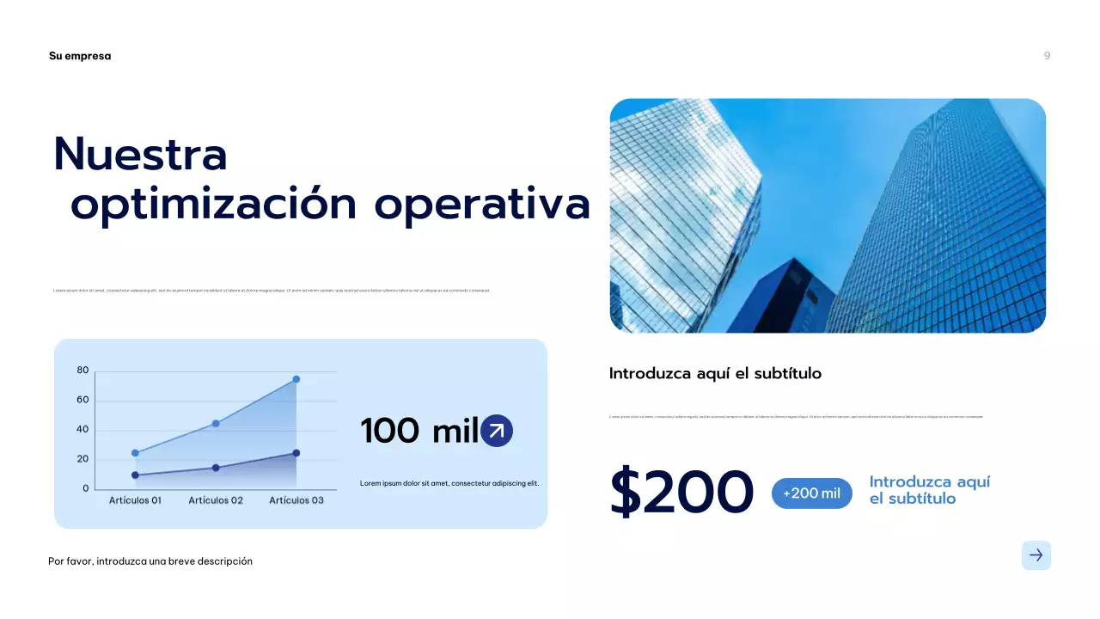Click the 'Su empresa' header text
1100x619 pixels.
(80, 56)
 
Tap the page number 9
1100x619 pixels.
(1047, 56)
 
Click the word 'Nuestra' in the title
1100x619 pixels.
(140, 155)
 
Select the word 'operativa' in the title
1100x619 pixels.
(482, 205)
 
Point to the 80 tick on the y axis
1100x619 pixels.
(82, 371)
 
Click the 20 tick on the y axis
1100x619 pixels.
(82, 459)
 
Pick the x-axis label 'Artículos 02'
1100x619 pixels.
(216, 500)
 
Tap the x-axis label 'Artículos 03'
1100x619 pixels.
(296, 500)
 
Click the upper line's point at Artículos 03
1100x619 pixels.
(296, 379)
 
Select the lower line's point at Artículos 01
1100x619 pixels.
(135, 475)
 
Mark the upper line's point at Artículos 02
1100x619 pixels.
(216, 423)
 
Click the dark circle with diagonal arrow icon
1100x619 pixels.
(497, 432)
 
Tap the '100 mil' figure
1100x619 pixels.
(419, 432)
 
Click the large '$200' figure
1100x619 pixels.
(681, 493)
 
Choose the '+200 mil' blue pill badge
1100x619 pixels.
(812, 493)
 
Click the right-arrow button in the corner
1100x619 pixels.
(1036, 555)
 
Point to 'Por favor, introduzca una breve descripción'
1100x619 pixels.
(150, 561)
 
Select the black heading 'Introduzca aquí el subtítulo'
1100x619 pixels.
(715, 373)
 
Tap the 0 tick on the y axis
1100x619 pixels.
(85, 488)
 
